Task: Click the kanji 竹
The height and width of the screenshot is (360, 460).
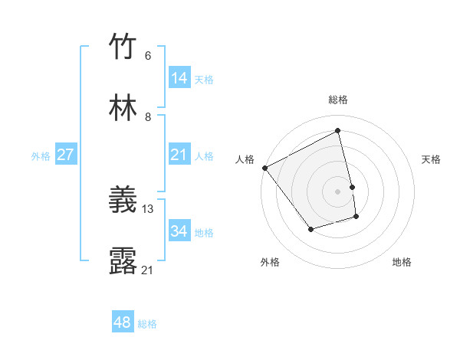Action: point(123,47)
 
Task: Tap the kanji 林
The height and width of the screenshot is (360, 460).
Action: point(123,108)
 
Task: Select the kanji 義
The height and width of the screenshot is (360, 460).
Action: point(123,201)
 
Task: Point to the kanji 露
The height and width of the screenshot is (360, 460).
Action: point(123,261)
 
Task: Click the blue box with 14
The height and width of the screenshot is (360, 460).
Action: point(179,78)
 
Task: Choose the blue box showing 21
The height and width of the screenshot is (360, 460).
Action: point(179,155)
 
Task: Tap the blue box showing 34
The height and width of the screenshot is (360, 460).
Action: point(179,231)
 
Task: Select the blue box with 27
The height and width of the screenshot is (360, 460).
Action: point(65,155)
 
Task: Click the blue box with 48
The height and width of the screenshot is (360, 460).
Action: point(123,322)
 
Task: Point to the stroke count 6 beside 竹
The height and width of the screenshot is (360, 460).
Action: point(148,55)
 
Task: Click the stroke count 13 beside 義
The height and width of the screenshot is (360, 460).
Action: point(148,208)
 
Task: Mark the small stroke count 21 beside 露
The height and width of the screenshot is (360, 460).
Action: point(148,270)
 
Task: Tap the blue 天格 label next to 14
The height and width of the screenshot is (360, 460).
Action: point(204,80)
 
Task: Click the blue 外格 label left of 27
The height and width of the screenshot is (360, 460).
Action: point(41,156)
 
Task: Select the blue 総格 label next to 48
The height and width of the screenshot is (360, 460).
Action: point(147,324)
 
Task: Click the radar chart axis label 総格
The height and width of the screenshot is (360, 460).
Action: point(338,100)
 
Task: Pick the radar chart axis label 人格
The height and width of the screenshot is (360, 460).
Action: point(245,159)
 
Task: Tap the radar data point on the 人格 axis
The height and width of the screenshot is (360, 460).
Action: point(264,168)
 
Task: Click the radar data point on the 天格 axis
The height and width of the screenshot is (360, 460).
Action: point(352,187)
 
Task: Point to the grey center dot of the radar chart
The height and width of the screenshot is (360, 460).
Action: point(338,191)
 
